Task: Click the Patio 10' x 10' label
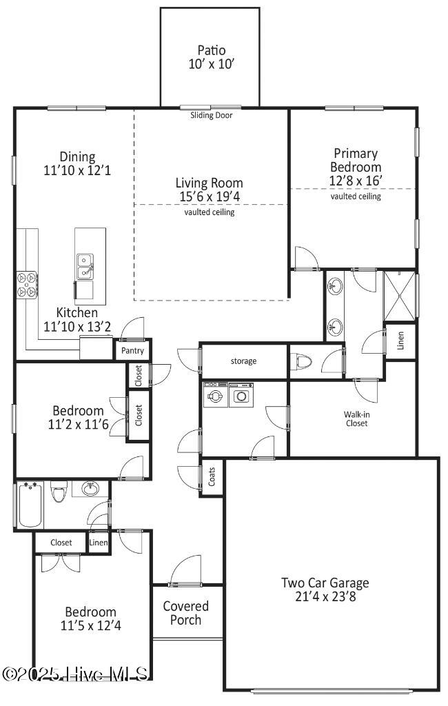[x=212, y=57]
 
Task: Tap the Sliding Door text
[x=212, y=115]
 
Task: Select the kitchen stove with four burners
[x=27, y=284]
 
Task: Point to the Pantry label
[x=132, y=351]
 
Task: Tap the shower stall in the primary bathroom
[x=400, y=296]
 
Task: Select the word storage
[x=243, y=361]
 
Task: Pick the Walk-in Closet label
[x=356, y=419]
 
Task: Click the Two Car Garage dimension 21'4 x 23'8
[x=325, y=596]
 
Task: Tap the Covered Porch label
[x=186, y=613]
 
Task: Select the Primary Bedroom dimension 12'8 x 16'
[x=355, y=180]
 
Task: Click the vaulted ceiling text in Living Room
[x=209, y=212]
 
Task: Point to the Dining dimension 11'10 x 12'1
[x=77, y=170]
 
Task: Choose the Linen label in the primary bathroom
[x=400, y=341]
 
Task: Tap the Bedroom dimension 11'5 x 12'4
[x=90, y=625]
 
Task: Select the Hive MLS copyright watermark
[x=76, y=674]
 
